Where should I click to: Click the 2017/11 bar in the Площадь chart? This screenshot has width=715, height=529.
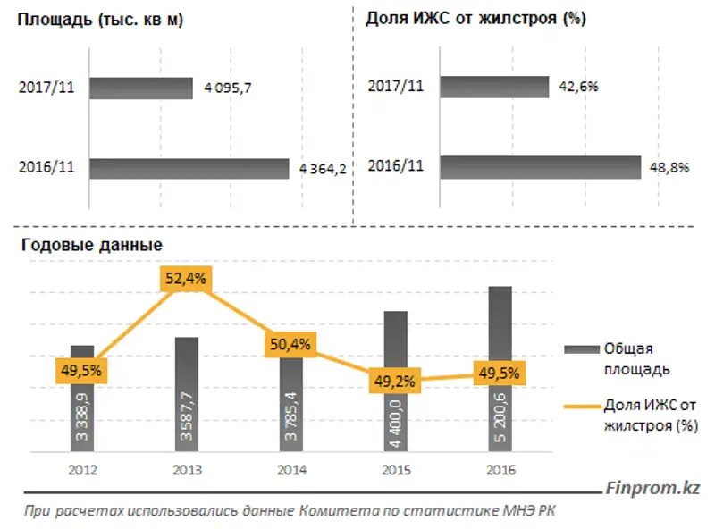click(x=141, y=88)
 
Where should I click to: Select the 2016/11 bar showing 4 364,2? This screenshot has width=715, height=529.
click(x=189, y=169)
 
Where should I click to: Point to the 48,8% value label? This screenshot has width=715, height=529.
click(x=667, y=167)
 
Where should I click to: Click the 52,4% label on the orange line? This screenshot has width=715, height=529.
click(x=185, y=278)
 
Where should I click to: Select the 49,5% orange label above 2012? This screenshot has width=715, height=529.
click(x=81, y=368)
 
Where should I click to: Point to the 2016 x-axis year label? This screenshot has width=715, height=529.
click(x=500, y=470)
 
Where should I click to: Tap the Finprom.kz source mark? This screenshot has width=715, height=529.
click(x=652, y=489)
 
